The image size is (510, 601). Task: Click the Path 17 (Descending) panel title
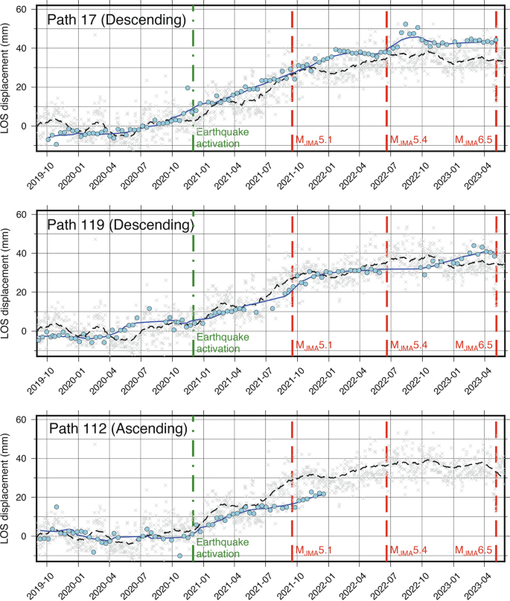(116, 20)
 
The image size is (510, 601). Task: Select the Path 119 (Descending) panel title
(120, 224)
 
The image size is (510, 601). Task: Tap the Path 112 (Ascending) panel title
(117, 429)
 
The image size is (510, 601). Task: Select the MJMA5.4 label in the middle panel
(409, 345)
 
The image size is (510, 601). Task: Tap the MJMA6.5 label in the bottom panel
(474, 550)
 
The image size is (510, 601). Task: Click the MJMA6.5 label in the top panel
(474, 140)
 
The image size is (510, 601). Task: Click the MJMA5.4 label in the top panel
(409, 140)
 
